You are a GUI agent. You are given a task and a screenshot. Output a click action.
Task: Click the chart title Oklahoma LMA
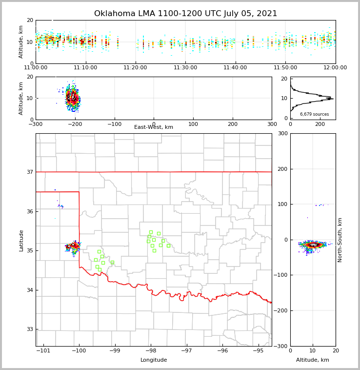point(185,14)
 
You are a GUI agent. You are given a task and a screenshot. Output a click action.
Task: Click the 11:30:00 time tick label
point(185,68)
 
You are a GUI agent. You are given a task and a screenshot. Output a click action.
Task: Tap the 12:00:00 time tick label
point(335,68)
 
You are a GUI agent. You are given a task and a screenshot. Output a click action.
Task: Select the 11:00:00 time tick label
point(36,68)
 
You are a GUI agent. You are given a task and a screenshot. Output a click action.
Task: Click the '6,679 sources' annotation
point(314,114)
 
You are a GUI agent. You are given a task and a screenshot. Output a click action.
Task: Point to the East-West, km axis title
point(154,127)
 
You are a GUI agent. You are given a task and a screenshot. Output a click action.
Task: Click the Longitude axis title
point(154,360)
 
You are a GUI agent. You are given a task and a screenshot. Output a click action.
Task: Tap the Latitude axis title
point(21,240)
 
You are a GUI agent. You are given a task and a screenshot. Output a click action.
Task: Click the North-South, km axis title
point(340,240)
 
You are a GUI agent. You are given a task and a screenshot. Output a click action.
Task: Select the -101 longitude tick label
point(43,350)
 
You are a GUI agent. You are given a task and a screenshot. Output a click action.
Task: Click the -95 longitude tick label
point(259,350)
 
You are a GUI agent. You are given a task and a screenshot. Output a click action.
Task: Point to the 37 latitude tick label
point(29,172)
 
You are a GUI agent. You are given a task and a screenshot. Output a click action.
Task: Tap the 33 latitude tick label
point(29,329)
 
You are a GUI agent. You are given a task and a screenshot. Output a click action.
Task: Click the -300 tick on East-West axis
point(36,124)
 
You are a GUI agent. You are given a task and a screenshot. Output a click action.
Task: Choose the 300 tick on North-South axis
point(282,133)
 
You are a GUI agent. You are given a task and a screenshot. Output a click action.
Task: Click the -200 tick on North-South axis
point(281,310)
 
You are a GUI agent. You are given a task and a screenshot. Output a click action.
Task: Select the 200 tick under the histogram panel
point(320,124)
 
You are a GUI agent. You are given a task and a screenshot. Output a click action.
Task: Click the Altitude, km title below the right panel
point(313,360)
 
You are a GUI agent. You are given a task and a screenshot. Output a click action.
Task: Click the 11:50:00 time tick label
point(285,68)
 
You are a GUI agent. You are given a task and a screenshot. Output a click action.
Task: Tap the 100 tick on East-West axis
point(193,124)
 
